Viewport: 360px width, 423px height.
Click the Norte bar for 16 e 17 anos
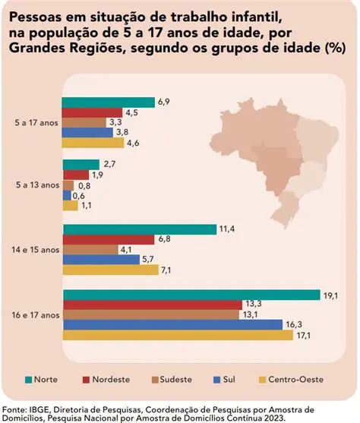(x=190, y=295)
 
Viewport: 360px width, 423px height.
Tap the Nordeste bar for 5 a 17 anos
(x=99, y=112)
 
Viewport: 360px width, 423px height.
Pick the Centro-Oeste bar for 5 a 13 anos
(x=70, y=205)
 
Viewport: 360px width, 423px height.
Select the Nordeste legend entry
(x=112, y=378)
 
